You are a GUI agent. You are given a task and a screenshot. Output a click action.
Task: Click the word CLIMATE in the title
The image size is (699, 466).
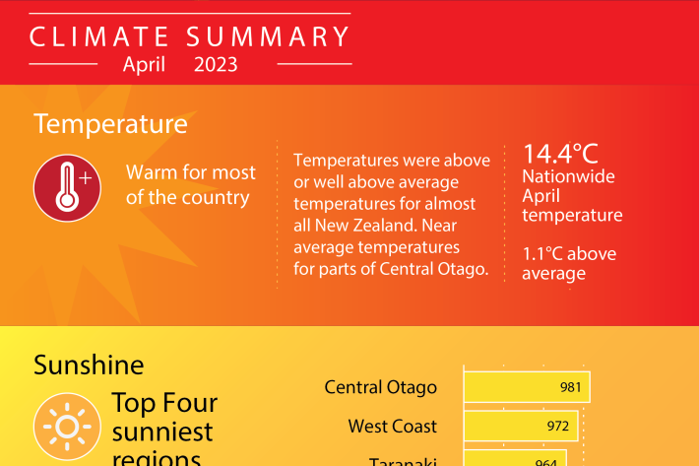pyautogui.click(x=99, y=36)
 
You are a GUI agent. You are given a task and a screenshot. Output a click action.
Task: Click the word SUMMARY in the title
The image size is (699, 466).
pyautogui.click(x=268, y=36)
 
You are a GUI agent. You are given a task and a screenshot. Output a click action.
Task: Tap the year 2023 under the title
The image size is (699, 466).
pyautogui.click(x=216, y=65)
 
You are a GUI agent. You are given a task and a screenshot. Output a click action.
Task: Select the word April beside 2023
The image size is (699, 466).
pyautogui.click(x=144, y=65)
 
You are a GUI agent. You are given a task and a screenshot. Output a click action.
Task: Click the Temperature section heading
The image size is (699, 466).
pyautogui.click(x=110, y=123)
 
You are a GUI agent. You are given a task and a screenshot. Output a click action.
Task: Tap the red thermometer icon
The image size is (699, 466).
pyautogui.click(x=67, y=188)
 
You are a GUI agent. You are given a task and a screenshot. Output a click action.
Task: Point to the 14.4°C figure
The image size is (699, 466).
pyautogui.click(x=560, y=154)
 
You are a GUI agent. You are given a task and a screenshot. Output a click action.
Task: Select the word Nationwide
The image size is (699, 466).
pyautogui.click(x=568, y=176)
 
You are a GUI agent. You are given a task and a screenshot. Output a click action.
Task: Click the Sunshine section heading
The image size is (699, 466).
pyautogui.click(x=89, y=365)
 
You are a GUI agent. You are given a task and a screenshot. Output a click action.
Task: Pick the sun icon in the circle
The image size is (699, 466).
pyautogui.click(x=67, y=427)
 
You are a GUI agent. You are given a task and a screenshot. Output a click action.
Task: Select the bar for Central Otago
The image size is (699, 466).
pyautogui.click(x=527, y=387)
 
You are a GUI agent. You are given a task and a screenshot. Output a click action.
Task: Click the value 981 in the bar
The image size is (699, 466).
pyautogui.click(x=571, y=387)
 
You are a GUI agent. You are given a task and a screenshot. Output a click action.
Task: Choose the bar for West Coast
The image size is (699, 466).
pyautogui.click(x=521, y=426)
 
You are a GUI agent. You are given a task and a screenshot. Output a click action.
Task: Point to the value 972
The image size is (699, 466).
pyautogui.click(x=558, y=426)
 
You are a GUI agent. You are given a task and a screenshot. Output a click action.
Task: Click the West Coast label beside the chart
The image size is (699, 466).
pyautogui.click(x=392, y=427)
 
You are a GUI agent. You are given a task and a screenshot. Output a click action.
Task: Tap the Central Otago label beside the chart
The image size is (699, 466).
pyautogui.click(x=381, y=387)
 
